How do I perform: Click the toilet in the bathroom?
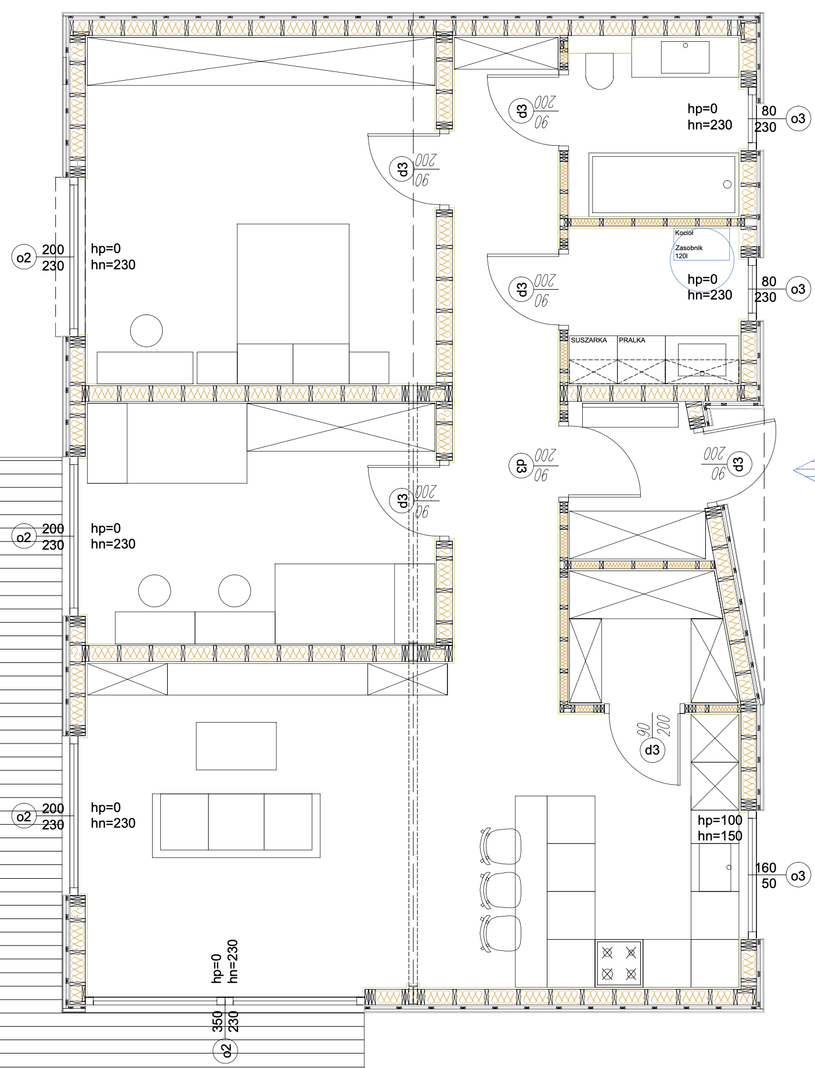click(x=600, y=71)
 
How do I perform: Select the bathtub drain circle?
click(x=727, y=185)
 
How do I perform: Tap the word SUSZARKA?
click(x=589, y=340)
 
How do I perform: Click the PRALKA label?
click(x=632, y=340)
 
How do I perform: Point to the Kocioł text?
click(x=684, y=233)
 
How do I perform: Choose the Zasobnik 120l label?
click(x=688, y=251)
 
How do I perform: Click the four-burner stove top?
click(x=619, y=963)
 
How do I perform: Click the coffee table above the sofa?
click(x=236, y=746)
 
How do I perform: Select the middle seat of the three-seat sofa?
click(x=236, y=822)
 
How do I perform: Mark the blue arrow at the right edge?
click(x=804, y=470)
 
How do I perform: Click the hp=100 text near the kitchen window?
click(x=720, y=820)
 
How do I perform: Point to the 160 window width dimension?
click(x=766, y=868)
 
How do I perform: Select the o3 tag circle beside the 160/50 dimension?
click(x=798, y=875)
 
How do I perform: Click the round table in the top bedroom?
click(x=146, y=331)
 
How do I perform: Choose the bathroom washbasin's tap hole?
click(x=686, y=45)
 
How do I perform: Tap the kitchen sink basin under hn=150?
click(x=719, y=867)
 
